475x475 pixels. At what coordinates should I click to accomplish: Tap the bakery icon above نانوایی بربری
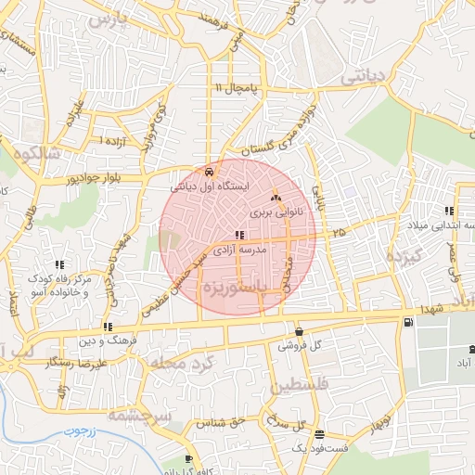point(275,198)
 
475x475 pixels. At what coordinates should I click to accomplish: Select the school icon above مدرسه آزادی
point(240,236)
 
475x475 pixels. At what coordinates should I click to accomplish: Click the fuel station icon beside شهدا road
point(409,322)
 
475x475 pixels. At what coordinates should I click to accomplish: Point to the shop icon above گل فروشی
point(299,331)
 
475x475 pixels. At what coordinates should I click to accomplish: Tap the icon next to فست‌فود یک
point(320,434)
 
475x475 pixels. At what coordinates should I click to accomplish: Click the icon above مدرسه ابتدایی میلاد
point(449,211)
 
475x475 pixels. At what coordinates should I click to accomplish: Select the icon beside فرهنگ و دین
point(109,327)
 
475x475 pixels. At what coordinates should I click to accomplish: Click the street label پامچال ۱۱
point(234,87)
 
